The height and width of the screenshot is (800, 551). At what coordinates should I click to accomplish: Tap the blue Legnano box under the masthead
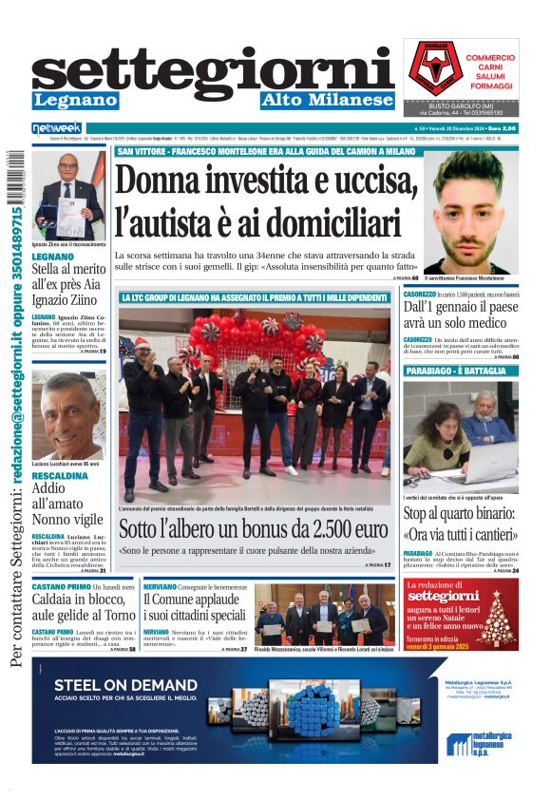pos(75,100)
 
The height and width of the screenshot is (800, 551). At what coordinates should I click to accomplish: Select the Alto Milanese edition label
pos(327,100)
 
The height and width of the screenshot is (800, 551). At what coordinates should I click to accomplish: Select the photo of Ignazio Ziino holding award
pos(68,195)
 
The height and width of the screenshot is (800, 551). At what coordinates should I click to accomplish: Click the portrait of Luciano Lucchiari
pos(68,415)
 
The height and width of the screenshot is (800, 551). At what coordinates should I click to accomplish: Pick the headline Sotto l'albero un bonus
pos(254,529)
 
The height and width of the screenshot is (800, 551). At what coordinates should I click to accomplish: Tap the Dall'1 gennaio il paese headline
pos(460,314)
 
